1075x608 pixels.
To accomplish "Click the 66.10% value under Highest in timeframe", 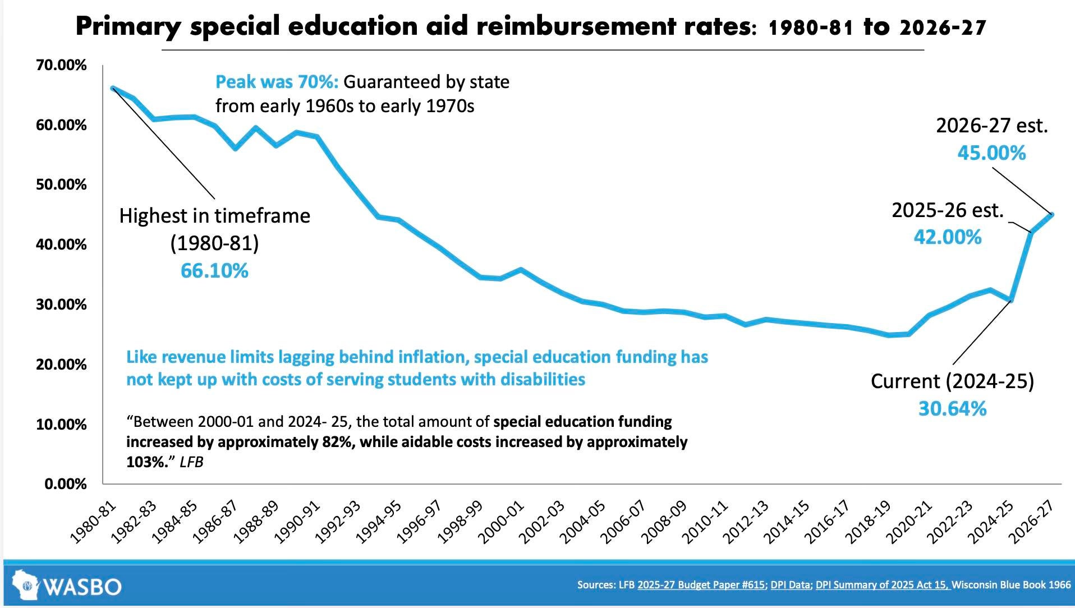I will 214,271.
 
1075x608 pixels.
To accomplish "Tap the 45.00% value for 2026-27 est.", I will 991,153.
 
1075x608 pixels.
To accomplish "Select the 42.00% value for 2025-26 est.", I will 948,237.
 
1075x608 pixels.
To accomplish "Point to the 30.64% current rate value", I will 952,408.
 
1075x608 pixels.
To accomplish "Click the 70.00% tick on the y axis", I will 61,65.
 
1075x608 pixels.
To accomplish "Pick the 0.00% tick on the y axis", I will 66,483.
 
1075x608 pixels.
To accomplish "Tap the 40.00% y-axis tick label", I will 61,245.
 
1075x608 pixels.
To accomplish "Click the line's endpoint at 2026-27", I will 1052,214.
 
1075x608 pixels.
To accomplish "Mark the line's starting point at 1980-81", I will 113,88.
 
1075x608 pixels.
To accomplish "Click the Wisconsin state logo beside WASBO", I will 25,586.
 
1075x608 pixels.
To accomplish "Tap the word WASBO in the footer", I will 82,587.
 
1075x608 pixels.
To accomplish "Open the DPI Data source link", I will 790,584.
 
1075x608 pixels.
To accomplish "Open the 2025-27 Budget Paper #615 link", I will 701,584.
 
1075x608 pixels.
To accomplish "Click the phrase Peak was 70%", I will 277,82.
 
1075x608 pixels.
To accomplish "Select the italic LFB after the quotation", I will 191,462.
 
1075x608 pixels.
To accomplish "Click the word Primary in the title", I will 128,26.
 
